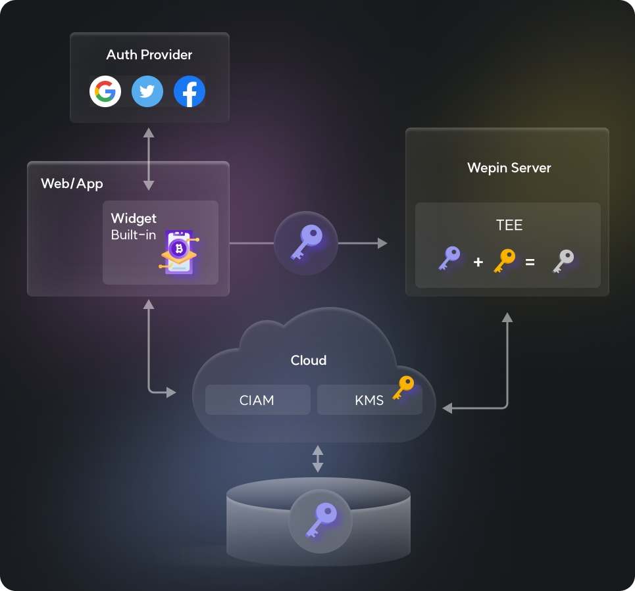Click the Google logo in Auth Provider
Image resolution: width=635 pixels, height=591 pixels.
(105, 91)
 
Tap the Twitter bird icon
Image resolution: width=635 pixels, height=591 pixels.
(147, 91)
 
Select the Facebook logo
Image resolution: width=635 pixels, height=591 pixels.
(190, 91)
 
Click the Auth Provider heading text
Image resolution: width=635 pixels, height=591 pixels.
(149, 55)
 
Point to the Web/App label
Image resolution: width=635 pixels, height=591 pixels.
(72, 183)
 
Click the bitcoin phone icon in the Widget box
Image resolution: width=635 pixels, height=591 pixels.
(178, 251)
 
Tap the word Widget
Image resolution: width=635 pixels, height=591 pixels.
(134, 218)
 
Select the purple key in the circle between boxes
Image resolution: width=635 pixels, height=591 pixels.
(305, 243)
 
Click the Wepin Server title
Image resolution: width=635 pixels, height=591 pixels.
(509, 168)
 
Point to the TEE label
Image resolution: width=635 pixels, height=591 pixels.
(509, 225)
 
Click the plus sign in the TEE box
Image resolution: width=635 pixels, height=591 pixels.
(478, 262)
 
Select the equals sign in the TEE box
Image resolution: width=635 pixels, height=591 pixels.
(530, 262)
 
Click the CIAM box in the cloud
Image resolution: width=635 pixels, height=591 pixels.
(257, 400)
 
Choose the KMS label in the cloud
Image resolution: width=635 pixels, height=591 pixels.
(368, 400)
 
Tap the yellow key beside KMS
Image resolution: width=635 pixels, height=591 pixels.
(403, 387)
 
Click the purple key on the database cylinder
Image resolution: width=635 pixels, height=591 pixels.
(320, 519)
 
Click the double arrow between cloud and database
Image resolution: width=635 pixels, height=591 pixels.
(318, 459)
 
